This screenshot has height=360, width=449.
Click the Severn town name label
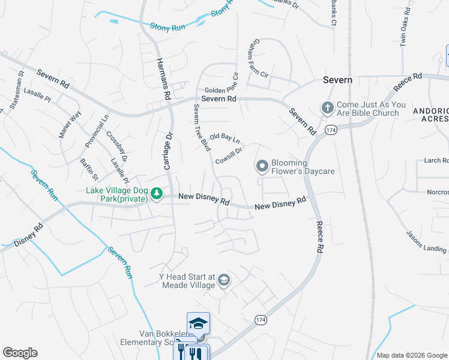pos(337,80)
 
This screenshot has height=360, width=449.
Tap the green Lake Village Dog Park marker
pos(157,193)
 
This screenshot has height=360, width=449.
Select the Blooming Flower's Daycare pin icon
pos(262,165)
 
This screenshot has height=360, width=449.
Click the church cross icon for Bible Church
pos(327,107)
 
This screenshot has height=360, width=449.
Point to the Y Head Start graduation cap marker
pos(223,280)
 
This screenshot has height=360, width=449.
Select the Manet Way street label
pos(70,124)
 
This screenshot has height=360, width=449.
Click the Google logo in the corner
pos(20,353)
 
